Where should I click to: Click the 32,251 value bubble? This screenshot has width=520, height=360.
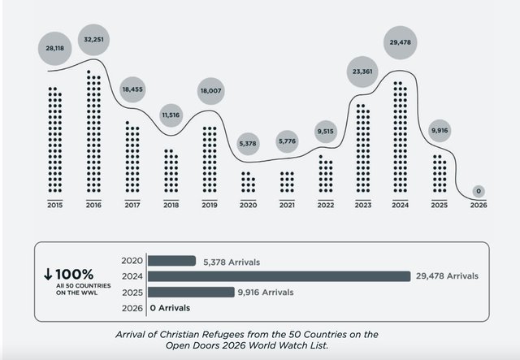point(93,40)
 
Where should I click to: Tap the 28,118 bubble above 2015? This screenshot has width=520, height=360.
point(54,49)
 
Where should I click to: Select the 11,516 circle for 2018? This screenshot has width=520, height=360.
point(171,115)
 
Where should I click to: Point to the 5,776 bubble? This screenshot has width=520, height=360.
point(287,141)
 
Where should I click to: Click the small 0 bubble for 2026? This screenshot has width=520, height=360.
point(479,191)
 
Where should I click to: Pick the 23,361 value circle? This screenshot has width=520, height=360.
point(362,72)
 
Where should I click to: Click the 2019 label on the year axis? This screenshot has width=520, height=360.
point(210,205)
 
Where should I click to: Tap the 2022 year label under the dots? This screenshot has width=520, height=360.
point(326,205)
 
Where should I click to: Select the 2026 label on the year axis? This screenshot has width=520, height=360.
point(479,205)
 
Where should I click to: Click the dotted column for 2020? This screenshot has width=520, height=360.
point(249,182)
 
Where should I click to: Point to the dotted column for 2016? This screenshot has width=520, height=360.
point(93,131)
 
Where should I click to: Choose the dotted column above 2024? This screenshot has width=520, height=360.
point(401,137)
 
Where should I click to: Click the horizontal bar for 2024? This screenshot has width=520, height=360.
point(279,276)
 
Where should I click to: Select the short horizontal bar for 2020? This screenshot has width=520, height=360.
point(171,261)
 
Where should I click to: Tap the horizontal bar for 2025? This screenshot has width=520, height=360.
point(191,292)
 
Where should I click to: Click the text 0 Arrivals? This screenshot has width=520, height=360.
point(170,308)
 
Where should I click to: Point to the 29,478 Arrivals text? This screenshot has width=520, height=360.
point(447,276)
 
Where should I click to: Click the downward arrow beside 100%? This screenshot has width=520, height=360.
point(48,274)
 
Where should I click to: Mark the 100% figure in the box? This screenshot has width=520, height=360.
point(74,275)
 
